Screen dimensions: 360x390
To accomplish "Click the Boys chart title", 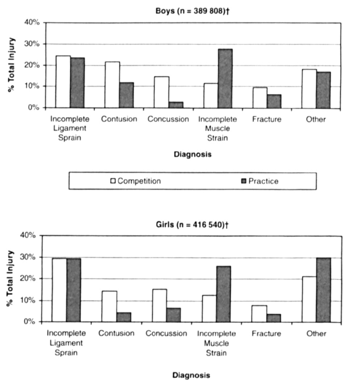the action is [192, 11].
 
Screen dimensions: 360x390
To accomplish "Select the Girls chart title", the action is [192, 225].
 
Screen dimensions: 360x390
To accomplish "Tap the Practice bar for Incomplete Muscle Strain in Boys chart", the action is [225, 78].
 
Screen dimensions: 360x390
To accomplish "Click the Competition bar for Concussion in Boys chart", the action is [162, 92].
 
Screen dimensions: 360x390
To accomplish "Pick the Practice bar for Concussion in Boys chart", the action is [176, 105].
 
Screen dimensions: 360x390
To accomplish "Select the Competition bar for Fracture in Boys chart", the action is [260, 98].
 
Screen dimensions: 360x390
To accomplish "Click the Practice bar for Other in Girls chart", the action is [323, 290].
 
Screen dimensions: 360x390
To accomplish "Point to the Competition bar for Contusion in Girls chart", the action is [109, 307].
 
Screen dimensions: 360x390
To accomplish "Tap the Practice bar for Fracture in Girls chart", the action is [274, 318].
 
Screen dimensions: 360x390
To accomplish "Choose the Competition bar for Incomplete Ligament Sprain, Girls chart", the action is [59, 290].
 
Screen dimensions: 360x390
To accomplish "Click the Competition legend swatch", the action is [113, 181].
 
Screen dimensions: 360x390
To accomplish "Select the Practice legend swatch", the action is [244, 181].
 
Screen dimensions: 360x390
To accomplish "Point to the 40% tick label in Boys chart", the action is [32, 22].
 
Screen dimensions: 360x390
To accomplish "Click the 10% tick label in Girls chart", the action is [28, 300].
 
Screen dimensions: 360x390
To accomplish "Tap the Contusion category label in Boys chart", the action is [119, 119].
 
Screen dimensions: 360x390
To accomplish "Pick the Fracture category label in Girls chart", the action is [266, 333].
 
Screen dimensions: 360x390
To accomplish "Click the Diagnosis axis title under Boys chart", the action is [193, 154].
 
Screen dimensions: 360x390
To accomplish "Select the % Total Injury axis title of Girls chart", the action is [10, 278].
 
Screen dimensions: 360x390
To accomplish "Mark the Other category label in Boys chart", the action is [316, 119].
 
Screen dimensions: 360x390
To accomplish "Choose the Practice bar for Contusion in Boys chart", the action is [126, 95].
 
